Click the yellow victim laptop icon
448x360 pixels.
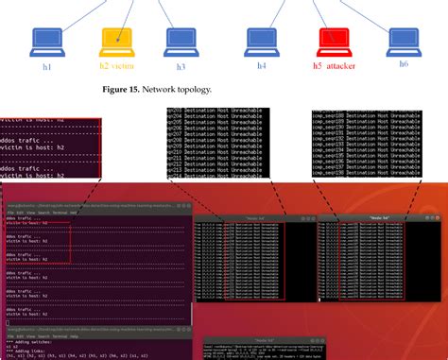(x=117, y=39)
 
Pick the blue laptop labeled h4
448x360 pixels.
(x=262, y=39)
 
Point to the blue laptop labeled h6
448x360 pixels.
(x=404, y=39)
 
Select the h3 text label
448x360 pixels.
(x=181, y=66)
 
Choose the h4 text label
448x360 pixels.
(x=261, y=66)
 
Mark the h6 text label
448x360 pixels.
(x=404, y=66)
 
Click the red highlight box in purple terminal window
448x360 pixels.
(x=37, y=246)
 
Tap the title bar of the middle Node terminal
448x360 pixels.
(x=250, y=218)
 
